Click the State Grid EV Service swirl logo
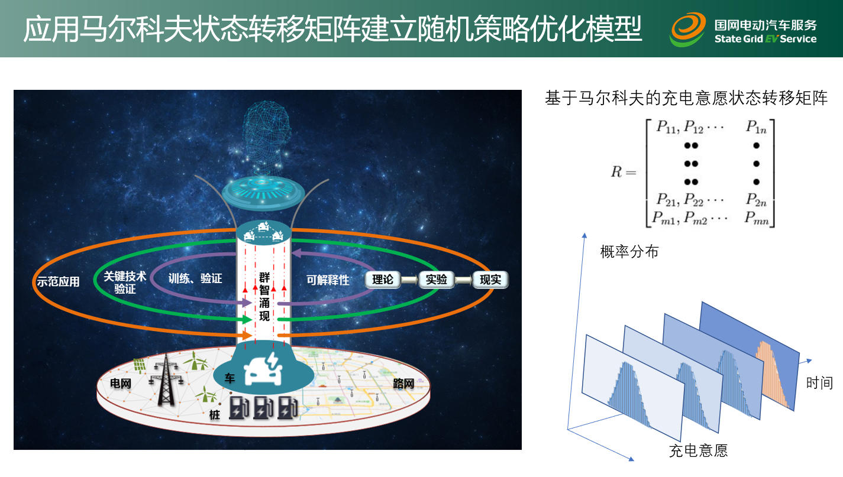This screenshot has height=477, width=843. point(688,30)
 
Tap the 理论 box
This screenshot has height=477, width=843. point(383,280)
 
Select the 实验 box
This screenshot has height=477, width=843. point(437,280)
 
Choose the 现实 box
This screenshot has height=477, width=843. point(490,280)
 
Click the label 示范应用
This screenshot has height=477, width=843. point(58,281)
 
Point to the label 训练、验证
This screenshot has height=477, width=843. point(195,278)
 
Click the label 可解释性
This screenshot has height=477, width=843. point(327,280)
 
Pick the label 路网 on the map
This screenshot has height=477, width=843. point(403,384)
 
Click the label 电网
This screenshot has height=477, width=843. point(121,384)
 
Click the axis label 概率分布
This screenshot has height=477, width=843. point(629,251)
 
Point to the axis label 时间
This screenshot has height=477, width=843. point(819,383)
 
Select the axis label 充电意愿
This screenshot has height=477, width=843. point(699,450)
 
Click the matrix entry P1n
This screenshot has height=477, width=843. point(757,127)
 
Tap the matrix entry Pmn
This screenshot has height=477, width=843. point(757,218)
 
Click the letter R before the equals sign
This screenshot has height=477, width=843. point(616,172)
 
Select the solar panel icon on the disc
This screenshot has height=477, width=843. point(139,365)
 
